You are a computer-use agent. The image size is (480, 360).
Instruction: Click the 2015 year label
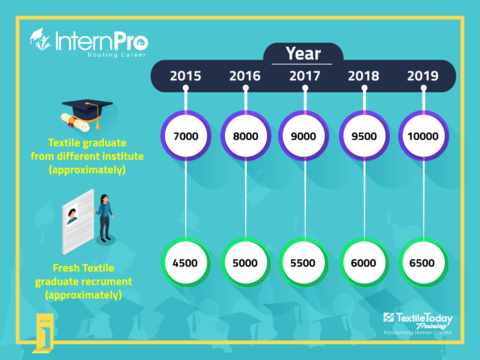tap(186, 76)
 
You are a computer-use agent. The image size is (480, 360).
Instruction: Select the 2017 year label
tap(304, 76)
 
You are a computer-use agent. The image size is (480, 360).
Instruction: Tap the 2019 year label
tap(423, 76)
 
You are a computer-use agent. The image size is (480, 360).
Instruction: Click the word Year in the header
tap(303, 54)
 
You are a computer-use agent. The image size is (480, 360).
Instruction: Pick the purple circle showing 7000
tap(186, 136)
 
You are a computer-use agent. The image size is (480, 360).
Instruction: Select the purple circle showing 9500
tap(364, 136)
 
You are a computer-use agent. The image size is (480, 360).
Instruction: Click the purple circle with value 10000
tap(423, 136)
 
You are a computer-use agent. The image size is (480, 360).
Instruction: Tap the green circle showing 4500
tap(185, 262)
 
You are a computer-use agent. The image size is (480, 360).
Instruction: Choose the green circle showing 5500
tap(303, 262)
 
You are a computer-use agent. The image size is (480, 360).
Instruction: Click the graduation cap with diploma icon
tap(87, 114)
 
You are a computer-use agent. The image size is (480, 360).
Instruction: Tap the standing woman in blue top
tap(105, 217)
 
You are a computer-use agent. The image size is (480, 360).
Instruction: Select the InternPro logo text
tap(101, 41)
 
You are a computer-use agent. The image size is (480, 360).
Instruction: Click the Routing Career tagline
tap(117, 55)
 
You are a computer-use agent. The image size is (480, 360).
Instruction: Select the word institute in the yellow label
tap(123, 156)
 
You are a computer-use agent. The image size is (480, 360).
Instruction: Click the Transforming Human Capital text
tap(417, 333)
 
